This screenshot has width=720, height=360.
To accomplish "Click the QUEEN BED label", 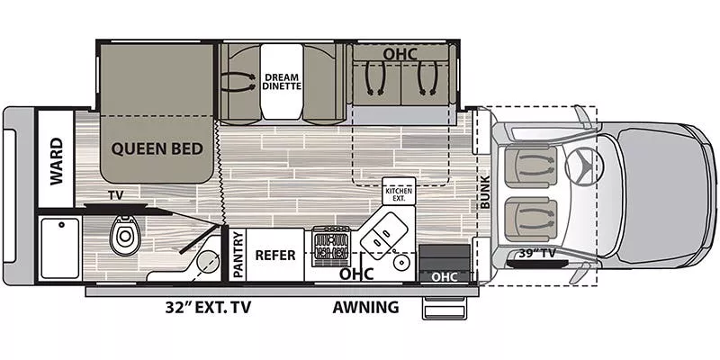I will tap(157, 148).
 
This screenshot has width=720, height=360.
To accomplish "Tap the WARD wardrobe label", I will tap(56, 160).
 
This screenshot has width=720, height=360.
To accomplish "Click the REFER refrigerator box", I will tap(275, 255).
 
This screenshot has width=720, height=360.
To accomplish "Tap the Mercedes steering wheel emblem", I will tap(582, 165).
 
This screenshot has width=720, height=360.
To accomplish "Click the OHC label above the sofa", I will tap(400, 54).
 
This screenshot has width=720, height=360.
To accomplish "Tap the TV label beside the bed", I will tap(114, 195).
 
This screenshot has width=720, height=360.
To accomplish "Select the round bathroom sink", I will tap(208, 264).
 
